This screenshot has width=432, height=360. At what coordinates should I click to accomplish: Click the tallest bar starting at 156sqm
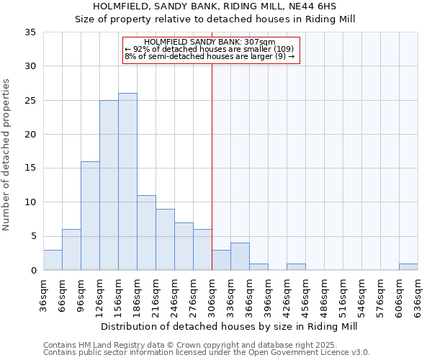point(127,181)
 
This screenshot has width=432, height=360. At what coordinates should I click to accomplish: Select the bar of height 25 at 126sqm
point(109,185)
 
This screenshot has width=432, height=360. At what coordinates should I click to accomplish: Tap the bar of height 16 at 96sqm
point(90,215)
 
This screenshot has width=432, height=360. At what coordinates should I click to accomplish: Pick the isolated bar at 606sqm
point(408,267)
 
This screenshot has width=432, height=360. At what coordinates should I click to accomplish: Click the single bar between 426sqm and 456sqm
point(296,267)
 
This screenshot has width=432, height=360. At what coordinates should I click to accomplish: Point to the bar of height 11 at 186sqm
point(146,233)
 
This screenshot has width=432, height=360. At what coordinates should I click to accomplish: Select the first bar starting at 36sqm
point(53,260)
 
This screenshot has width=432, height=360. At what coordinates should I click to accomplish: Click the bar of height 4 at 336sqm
point(240,256)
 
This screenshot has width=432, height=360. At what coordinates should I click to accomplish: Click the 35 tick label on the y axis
point(30,32)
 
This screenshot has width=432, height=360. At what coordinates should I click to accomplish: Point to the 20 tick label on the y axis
point(30,135)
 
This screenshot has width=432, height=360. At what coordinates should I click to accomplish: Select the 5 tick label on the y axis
point(33,237)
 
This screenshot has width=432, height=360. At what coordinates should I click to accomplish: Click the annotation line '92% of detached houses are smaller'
point(210,49)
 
